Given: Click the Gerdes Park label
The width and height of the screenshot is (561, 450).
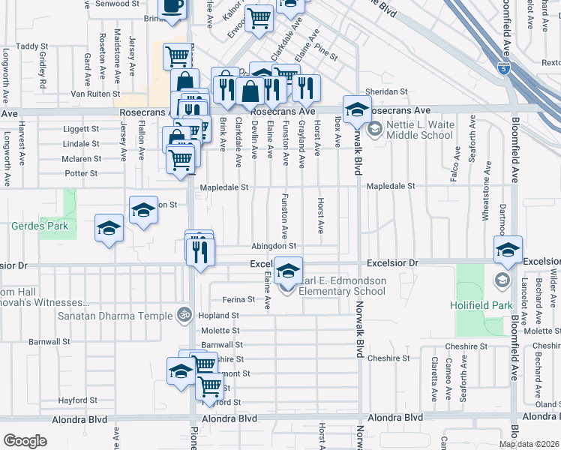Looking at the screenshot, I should (x=39, y=225).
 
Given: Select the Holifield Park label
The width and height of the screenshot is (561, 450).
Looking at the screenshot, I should (x=480, y=305).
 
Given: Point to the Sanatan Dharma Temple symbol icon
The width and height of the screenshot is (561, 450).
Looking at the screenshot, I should (x=181, y=315).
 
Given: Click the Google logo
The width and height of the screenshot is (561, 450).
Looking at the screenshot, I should (x=25, y=441).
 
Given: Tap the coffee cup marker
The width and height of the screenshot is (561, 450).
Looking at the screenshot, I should (x=173, y=6).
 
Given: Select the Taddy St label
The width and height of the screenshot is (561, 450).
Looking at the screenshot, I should (x=32, y=46).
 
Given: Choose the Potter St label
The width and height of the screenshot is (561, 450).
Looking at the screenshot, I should (x=80, y=173).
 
